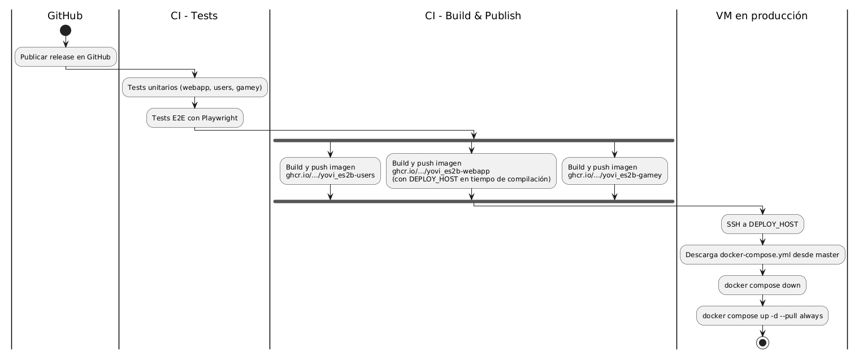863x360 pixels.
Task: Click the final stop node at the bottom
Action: click(x=762, y=342)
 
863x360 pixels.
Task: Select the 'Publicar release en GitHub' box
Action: click(x=66, y=57)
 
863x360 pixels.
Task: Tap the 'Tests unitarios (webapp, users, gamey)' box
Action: click(x=195, y=88)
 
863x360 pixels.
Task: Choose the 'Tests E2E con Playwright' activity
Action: click(x=195, y=118)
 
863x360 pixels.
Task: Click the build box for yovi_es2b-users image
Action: click(x=330, y=171)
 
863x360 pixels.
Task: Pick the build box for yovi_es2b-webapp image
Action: click(x=471, y=171)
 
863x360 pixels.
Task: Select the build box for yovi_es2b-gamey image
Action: click(x=614, y=171)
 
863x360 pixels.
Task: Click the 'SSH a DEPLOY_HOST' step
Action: click(x=762, y=224)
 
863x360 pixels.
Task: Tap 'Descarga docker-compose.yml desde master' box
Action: click(x=762, y=255)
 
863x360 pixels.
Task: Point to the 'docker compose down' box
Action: click(x=762, y=285)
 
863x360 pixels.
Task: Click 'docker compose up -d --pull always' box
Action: click(x=762, y=316)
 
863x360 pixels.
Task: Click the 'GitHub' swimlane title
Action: click(x=65, y=16)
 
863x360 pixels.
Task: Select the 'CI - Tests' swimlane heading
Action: click(x=194, y=16)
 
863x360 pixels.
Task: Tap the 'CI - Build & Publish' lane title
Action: click(x=472, y=16)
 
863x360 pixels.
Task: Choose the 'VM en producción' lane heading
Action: click(x=761, y=16)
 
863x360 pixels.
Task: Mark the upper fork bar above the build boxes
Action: click(x=474, y=140)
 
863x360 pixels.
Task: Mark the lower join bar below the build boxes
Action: click(x=474, y=201)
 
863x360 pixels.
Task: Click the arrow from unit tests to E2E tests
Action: click(x=195, y=103)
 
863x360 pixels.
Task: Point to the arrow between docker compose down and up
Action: click(x=762, y=301)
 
